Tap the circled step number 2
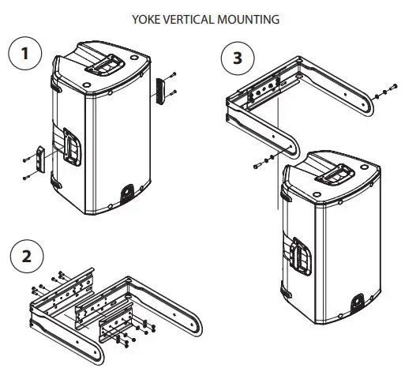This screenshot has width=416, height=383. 28,257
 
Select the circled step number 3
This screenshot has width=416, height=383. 233,58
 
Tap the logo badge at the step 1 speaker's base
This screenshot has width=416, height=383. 126,192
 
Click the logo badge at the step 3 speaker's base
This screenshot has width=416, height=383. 356,302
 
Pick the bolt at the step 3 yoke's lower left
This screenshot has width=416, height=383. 260,166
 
